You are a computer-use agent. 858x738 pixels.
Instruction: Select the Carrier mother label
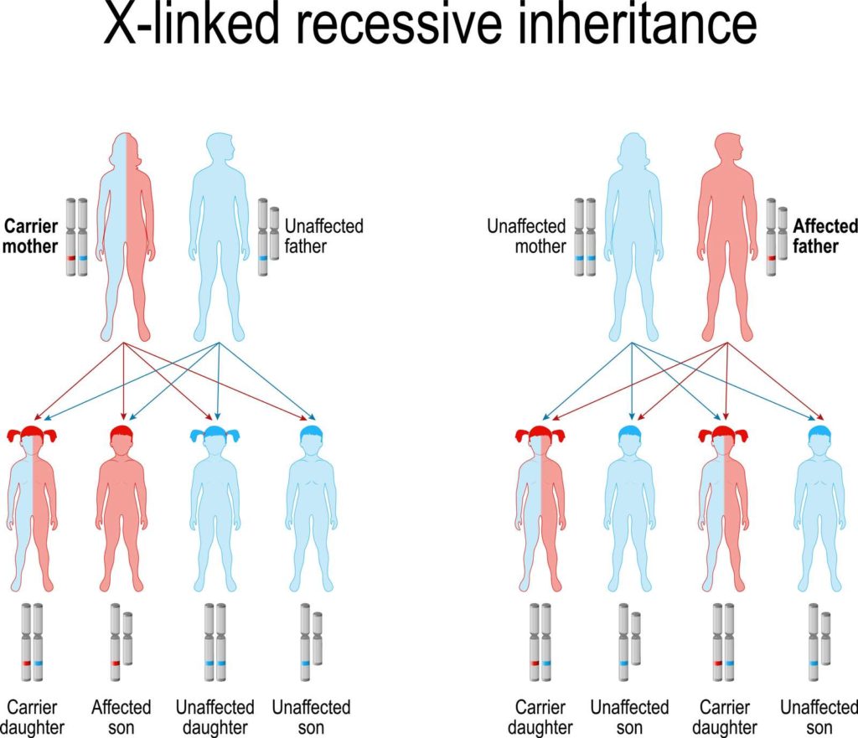pos(31,235)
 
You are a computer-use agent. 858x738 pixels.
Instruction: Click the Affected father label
pos(825,236)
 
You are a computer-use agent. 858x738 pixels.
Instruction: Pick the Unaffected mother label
pos(526,236)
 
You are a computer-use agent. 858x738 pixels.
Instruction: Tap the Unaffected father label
pos(324,236)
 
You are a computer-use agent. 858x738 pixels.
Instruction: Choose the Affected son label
pos(121,717)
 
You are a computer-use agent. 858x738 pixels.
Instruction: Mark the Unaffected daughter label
pos(214,717)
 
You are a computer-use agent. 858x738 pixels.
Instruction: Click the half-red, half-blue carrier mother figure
pos(126,235)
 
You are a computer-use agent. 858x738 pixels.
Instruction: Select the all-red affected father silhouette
pos(726,235)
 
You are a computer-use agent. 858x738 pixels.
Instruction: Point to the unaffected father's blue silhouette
pos(219,235)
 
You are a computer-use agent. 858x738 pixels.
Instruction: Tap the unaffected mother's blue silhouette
pos(633,235)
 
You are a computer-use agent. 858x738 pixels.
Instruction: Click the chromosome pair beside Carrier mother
pos(77,237)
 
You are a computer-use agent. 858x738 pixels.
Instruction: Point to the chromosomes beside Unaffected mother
pos(585,237)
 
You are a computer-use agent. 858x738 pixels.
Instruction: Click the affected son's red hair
pos(121,434)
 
